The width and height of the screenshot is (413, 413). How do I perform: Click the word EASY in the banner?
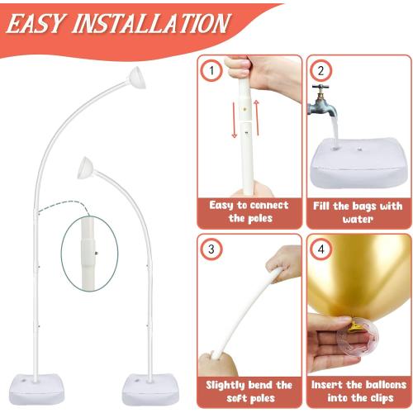point(36,24)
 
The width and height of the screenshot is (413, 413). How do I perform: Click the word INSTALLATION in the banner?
point(151,23)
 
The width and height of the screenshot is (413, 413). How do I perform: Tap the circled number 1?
point(211,70)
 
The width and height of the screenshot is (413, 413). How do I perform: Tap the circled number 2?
point(321,70)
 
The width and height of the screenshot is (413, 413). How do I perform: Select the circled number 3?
point(211,249)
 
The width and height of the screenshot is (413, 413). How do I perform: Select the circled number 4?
point(321,249)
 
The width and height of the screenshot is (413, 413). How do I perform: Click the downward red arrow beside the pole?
point(234,120)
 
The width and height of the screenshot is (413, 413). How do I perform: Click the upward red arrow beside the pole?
point(257,118)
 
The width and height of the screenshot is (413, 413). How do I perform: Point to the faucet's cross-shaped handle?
point(320,88)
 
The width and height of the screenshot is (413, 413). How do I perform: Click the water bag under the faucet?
point(360,163)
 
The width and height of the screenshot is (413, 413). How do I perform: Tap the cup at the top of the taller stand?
point(137,78)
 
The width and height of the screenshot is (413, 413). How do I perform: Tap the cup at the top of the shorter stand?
point(86,168)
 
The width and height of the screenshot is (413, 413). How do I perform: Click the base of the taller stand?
point(36,389)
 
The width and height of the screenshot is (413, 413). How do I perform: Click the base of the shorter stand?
point(150,389)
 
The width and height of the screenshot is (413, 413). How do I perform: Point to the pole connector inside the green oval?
point(88,252)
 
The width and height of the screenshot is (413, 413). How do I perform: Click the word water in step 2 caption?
point(358,220)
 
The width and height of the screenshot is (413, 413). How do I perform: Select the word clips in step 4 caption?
point(380,398)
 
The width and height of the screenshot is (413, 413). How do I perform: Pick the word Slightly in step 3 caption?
point(225,385)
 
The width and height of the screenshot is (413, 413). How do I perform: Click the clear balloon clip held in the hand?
point(358,337)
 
